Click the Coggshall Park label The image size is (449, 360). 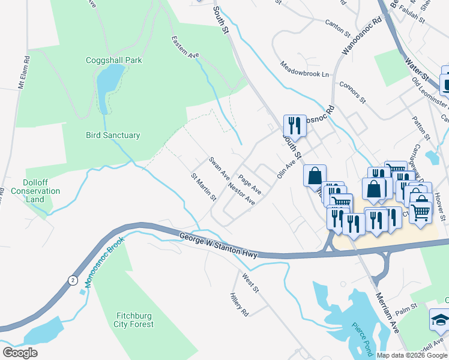(113, 60)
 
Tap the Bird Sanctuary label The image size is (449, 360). (113, 135)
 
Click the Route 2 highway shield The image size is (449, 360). (73, 280)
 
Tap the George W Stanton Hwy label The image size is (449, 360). (218, 246)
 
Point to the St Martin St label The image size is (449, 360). (203, 187)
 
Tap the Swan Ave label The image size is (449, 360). (219, 169)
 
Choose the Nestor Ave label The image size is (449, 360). (241, 194)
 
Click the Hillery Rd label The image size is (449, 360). (239, 305)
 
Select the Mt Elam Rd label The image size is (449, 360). (25, 73)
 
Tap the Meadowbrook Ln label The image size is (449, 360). (305, 69)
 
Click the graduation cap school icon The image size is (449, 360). (440, 320)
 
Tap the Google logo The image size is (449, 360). (20, 352)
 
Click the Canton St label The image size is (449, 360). (337, 24)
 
